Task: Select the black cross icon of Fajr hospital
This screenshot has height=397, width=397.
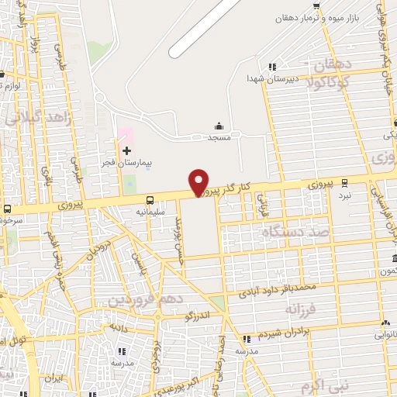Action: (126, 148)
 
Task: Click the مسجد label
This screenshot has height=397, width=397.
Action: (219, 136)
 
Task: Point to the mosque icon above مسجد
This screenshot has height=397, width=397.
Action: (219, 126)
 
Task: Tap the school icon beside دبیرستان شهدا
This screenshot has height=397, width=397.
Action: (271, 67)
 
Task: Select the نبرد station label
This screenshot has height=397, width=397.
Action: (343, 195)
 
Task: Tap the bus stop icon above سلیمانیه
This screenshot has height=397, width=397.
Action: (150, 200)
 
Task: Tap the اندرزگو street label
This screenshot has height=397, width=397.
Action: (199, 316)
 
